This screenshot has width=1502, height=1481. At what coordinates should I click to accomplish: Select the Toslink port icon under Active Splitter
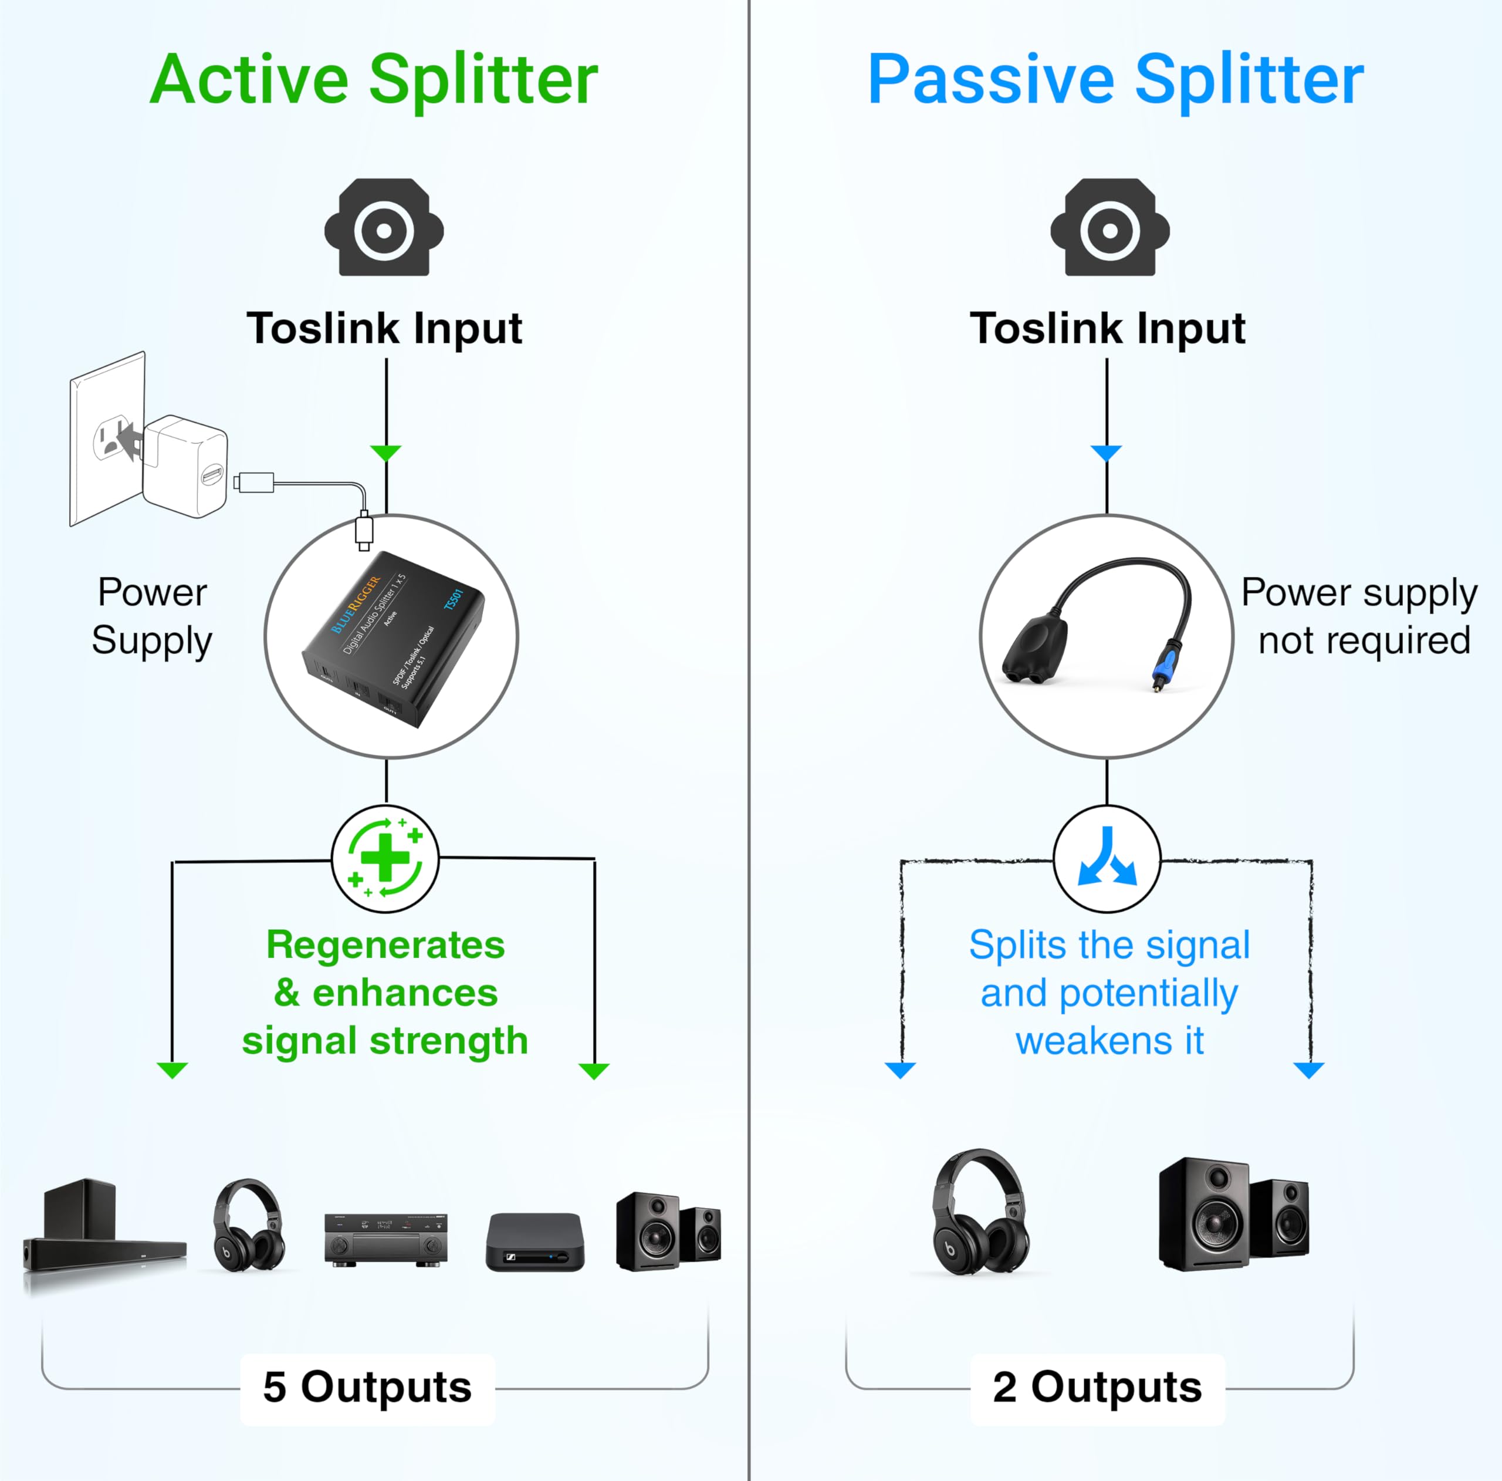tap(384, 228)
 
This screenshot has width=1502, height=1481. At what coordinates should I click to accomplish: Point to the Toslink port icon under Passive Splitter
tap(1109, 228)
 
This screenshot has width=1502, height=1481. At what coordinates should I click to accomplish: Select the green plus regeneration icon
tap(385, 859)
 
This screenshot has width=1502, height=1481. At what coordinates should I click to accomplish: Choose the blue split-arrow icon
tap(1107, 859)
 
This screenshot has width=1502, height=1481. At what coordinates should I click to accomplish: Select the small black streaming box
tap(535, 1242)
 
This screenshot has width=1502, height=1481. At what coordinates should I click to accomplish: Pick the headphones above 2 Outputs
tap(981, 1213)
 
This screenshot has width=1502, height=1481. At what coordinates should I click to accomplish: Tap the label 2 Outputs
tap(1097, 1387)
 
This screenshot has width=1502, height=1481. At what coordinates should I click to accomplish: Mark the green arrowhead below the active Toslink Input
tap(385, 452)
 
